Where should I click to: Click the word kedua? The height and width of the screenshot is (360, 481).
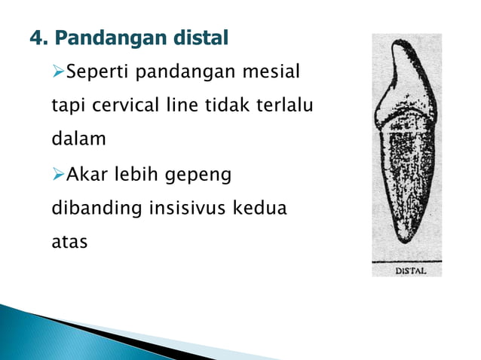pos(262,208)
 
